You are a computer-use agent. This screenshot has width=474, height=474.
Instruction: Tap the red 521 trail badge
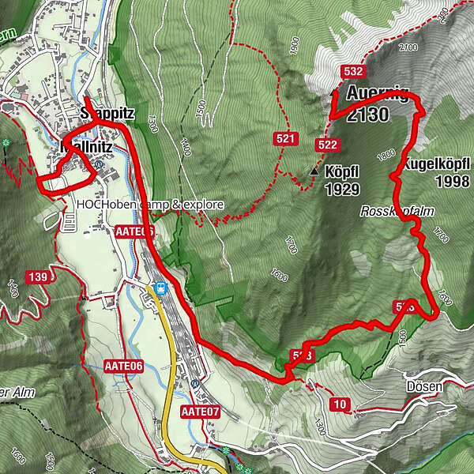(285, 140)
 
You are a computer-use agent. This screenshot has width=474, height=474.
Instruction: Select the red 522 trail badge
(326, 145)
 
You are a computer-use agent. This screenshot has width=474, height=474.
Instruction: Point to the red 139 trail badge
(36, 276)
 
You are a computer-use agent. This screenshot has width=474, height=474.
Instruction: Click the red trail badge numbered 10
(340, 405)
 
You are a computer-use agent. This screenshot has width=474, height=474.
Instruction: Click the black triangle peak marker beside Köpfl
(314, 171)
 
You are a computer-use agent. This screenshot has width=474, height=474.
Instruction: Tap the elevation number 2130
(367, 115)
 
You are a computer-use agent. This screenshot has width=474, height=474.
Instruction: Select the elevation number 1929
(342, 190)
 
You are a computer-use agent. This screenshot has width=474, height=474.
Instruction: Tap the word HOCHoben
(105, 205)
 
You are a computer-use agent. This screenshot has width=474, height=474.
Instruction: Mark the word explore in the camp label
(203, 205)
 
